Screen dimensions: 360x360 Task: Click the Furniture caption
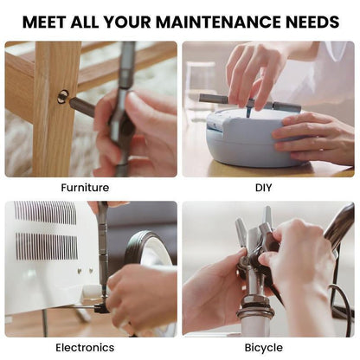click(x=85, y=187)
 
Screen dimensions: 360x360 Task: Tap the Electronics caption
click(x=85, y=348)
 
